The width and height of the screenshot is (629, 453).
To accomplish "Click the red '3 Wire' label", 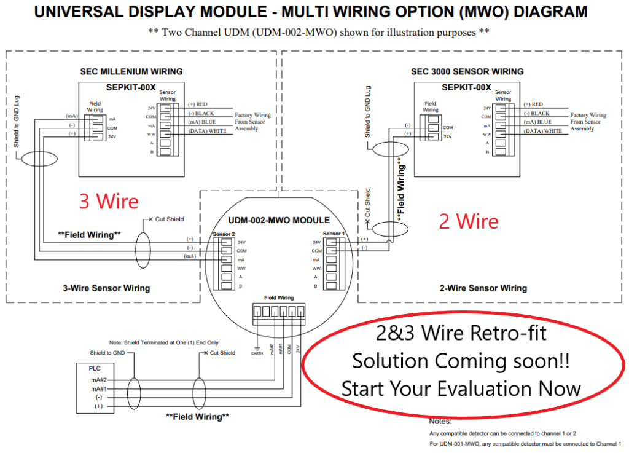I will coord(109,201).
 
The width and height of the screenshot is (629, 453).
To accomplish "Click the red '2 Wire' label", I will coord(468,221).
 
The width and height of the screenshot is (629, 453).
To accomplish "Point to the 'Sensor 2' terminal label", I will coord(224,234).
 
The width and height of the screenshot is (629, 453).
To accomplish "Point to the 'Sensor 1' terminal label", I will coord(334,234).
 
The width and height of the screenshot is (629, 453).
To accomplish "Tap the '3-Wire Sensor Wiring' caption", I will coord(106,288).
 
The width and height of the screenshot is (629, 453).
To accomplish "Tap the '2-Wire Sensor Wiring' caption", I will coord(483,288).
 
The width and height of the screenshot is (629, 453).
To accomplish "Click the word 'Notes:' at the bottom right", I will coord(440,422).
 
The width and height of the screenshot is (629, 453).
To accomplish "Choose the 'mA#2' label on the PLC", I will coord(100,380).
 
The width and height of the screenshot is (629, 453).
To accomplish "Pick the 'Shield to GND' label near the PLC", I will coord(108,353).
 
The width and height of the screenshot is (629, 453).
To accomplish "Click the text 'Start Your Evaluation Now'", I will coord(461,388).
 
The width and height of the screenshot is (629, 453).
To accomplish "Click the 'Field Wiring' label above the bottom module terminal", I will coord(279,297).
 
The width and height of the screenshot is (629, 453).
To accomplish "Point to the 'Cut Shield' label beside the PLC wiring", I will coord(222,353).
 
